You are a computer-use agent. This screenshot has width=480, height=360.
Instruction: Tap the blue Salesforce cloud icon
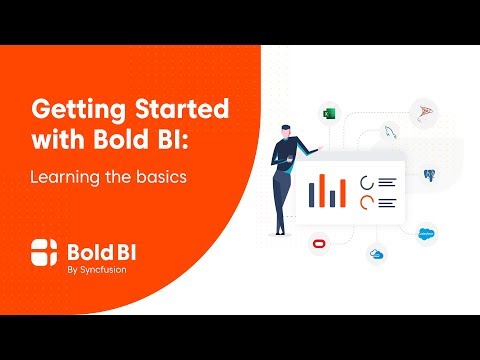(x=427, y=232)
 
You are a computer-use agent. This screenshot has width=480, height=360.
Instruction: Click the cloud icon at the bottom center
(x=376, y=255)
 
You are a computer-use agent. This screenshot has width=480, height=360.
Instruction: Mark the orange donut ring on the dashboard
(x=367, y=202)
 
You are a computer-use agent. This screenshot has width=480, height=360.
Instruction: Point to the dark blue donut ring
(x=367, y=182)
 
